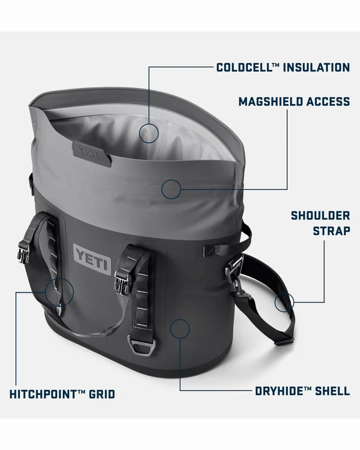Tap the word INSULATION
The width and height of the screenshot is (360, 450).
pos(316,67)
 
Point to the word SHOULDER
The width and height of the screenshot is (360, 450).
pos(320,216)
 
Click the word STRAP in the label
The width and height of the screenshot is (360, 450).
pos(331,231)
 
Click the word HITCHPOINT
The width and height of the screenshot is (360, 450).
pos(40,394)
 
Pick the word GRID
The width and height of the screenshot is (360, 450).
pos(102,394)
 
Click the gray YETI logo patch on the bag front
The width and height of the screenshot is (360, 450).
pos(92,259)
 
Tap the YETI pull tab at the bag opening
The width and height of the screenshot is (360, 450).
pos(91,153)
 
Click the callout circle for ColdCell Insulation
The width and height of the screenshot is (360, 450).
pos(149,123)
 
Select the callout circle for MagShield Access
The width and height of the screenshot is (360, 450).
pos(171,179)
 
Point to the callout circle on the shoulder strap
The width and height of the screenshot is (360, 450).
pos(284,293)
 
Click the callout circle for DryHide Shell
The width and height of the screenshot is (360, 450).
pos(180,319)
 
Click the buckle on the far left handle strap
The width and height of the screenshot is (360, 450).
pos(23,252)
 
